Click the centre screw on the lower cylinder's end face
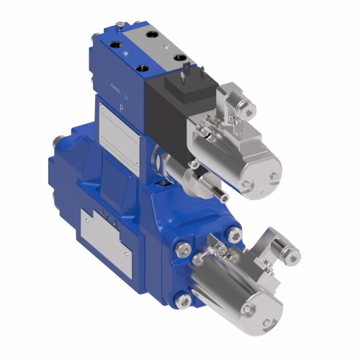tap(251, 310)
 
